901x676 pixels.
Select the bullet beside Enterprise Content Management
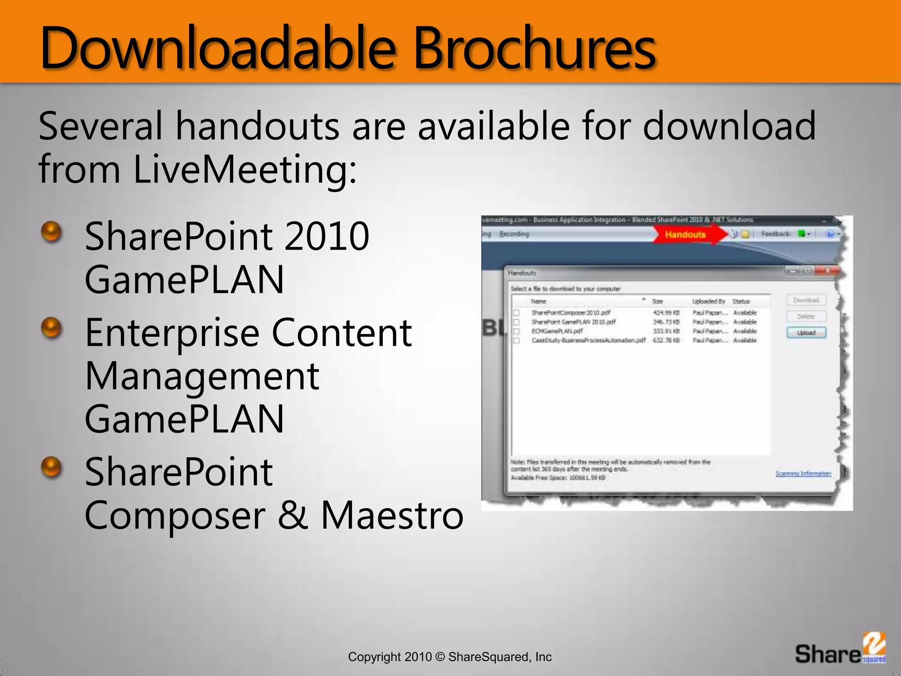click(51, 327)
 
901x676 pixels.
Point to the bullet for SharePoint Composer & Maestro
click(51, 467)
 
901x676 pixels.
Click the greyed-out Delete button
click(806, 316)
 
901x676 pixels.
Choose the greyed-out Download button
click(806, 300)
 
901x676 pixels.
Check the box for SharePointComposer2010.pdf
click(517, 313)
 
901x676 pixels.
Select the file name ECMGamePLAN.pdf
click(557, 331)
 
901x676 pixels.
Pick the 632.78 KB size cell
click(666, 340)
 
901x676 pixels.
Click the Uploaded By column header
click(708, 301)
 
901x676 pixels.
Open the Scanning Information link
click(803, 474)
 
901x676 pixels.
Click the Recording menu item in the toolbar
click(514, 234)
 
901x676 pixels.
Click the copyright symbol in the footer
click(440, 657)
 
